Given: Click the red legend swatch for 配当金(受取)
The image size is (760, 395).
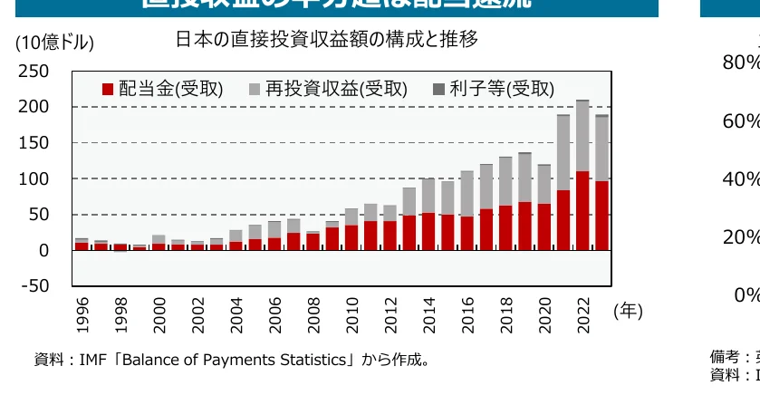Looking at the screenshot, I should click(108, 89).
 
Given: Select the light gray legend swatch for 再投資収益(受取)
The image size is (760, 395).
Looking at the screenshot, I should click(255, 89).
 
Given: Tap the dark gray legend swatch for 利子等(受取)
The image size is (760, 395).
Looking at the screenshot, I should click(438, 89).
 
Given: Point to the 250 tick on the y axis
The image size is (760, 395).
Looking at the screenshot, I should click(34, 72).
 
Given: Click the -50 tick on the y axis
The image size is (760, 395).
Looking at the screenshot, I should click(34, 286).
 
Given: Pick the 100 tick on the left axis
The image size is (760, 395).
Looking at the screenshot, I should click(34, 179).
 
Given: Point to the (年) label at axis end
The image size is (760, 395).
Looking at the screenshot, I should click(628, 311).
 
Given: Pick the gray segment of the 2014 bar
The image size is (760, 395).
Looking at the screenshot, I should click(428, 196).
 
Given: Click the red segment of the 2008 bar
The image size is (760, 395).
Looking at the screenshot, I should click(313, 241).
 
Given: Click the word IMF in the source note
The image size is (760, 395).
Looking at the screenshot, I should click(93, 360).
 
